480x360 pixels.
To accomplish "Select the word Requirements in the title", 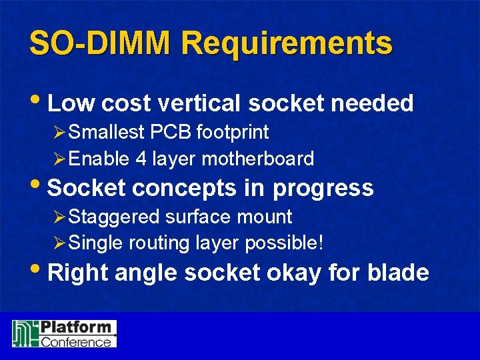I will (x=287, y=44).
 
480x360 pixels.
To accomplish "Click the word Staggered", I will (x=114, y=217).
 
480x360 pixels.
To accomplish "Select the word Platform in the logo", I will (x=75, y=328).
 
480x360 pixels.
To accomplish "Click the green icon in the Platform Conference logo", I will (x=26, y=333).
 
